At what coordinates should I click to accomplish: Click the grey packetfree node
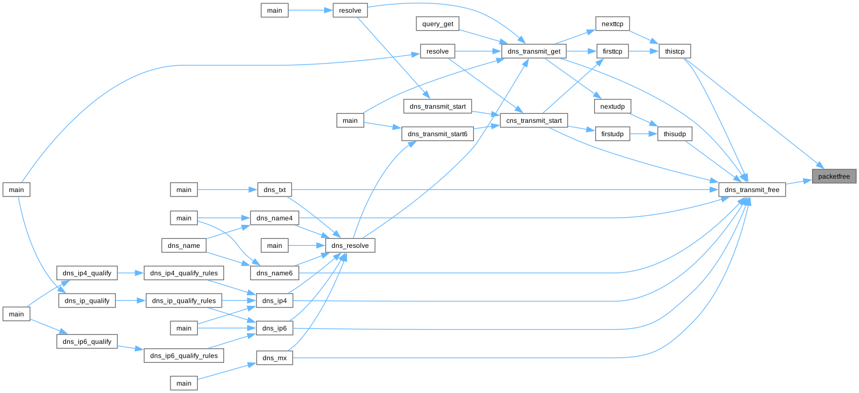click(834, 176)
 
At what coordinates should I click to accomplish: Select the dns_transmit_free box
click(752, 190)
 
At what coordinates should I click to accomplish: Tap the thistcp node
click(675, 51)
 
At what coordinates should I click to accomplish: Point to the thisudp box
click(675, 134)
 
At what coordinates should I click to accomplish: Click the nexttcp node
click(613, 24)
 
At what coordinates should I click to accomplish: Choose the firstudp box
click(613, 134)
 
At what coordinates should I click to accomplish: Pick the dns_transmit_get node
click(534, 51)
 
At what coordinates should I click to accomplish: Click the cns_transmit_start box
click(534, 120)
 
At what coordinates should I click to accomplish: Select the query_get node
click(438, 24)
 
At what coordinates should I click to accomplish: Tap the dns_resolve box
click(350, 245)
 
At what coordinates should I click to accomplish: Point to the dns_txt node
click(274, 190)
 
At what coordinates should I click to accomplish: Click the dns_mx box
click(274, 358)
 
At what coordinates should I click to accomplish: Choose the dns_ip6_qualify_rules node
click(184, 356)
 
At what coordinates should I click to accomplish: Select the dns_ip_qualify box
click(87, 301)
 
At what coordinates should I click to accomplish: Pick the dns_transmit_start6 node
click(438, 134)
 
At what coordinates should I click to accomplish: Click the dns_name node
click(184, 245)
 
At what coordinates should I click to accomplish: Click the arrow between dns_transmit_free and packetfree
click(799, 182)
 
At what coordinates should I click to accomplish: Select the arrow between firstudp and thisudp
click(643, 134)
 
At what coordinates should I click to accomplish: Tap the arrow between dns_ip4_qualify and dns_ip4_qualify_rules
click(131, 273)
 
